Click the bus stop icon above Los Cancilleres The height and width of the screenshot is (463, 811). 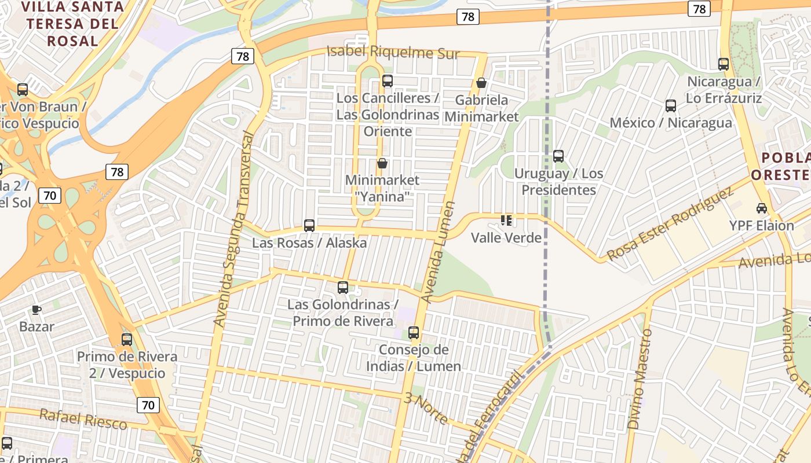point(388,81)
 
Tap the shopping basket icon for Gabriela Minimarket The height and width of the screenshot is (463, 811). point(481,83)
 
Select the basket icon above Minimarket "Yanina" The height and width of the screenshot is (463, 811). point(382,163)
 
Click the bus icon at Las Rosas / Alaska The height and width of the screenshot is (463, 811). point(309,225)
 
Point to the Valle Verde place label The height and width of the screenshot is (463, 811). point(506,237)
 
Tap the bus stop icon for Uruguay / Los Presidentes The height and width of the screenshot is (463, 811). point(558,156)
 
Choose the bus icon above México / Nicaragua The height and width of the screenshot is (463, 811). point(671,105)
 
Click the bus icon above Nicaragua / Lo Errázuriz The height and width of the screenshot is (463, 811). point(724,64)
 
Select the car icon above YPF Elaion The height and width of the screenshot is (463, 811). point(762,208)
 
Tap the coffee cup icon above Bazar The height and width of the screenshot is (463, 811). point(36,310)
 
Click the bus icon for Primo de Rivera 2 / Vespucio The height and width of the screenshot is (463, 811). point(127,340)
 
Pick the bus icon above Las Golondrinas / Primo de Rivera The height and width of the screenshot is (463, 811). point(343,287)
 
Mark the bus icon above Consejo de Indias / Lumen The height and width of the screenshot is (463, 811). point(414,333)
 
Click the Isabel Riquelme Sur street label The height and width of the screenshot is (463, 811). point(393,53)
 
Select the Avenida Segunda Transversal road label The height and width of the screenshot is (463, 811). point(233,229)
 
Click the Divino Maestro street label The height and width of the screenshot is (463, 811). point(640,379)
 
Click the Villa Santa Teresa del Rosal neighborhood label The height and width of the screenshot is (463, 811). point(72,24)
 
